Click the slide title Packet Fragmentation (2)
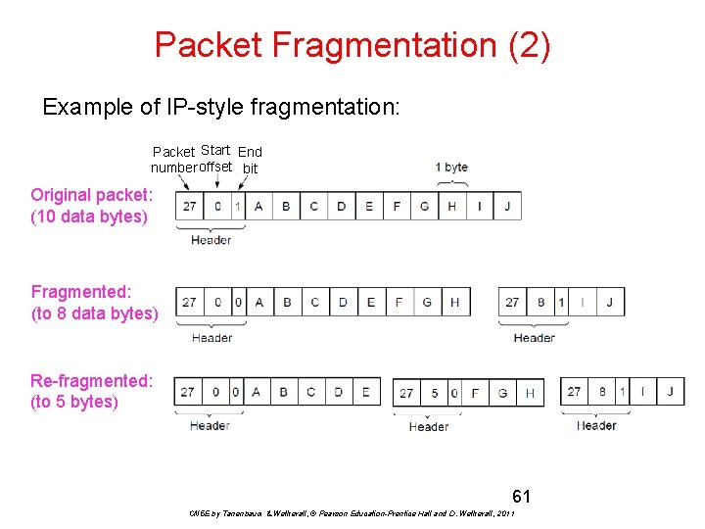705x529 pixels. click(352, 44)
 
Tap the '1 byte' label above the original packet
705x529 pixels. click(451, 168)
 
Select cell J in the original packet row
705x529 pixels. click(507, 206)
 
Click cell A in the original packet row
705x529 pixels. click(258, 206)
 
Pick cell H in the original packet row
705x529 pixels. click(451, 206)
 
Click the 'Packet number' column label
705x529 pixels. click(174, 160)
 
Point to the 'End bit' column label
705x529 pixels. click(251, 160)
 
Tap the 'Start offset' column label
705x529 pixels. click(215, 158)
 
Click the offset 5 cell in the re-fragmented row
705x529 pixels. click(435, 393)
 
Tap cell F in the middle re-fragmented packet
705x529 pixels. click(475, 393)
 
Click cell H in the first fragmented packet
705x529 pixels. click(454, 302)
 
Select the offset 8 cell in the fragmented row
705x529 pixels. click(540, 302)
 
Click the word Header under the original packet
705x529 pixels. click(211, 240)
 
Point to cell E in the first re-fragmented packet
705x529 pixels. click(365, 392)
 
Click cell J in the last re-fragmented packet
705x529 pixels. click(670, 392)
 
